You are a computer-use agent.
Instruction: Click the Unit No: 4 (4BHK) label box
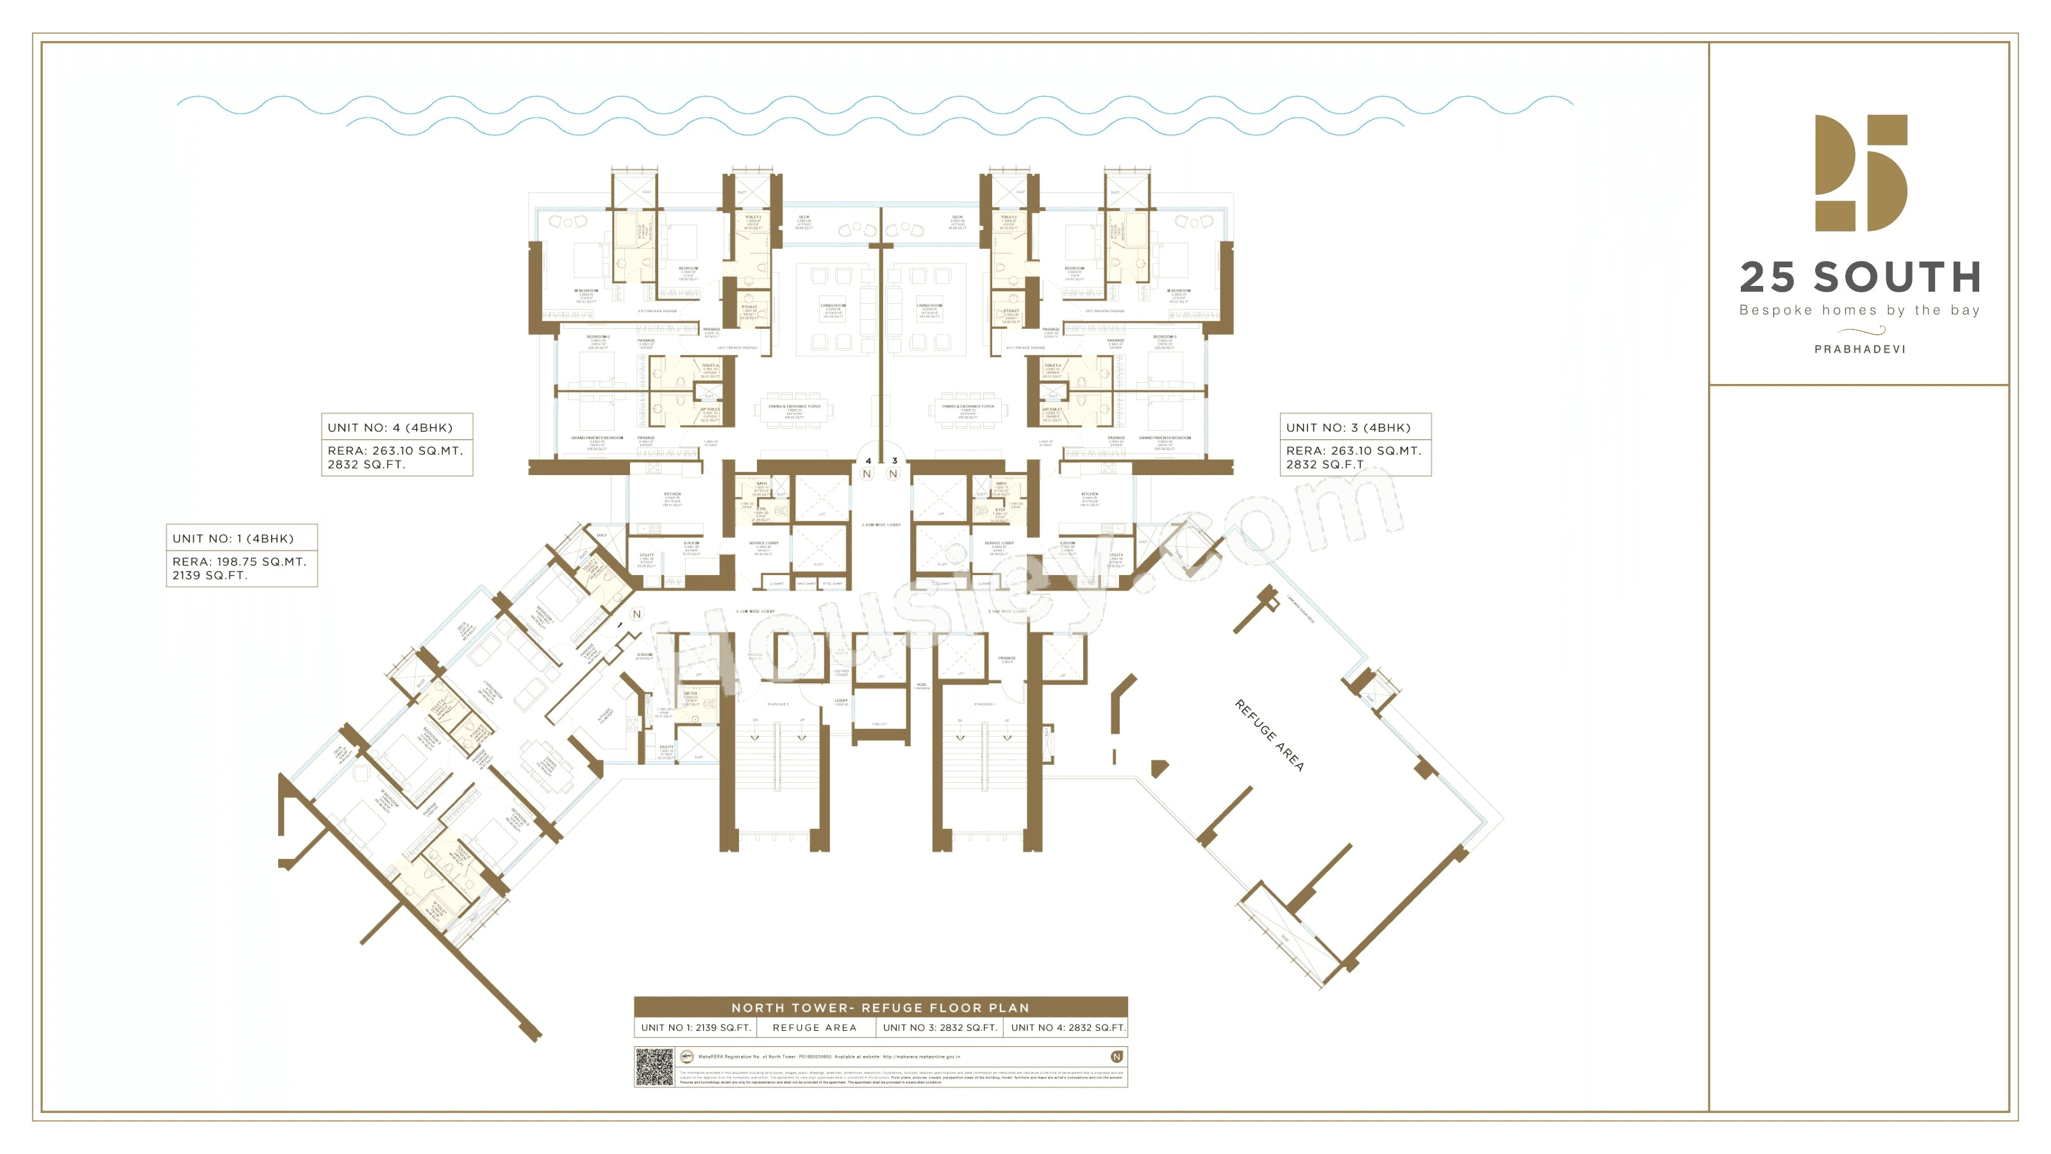click(x=397, y=444)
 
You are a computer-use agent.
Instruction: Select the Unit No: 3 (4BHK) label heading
click(x=1348, y=428)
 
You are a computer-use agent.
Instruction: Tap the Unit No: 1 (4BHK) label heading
click(x=233, y=539)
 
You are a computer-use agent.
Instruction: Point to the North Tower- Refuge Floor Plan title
click(x=881, y=1007)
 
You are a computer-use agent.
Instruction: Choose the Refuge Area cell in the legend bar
click(x=815, y=1027)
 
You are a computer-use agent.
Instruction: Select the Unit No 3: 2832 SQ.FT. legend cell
click(x=940, y=1027)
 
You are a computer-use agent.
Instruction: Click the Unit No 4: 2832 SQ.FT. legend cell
click(x=1068, y=1027)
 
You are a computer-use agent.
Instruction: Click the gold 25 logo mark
click(x=1861, y=173)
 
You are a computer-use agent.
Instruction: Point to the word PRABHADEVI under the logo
click(x=1860, y=349)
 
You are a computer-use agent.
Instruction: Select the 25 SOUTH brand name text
click(x=1860, y=277)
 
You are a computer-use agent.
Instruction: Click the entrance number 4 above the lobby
click(x=868, y=460)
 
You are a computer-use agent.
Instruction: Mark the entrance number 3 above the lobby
click(x=894, y=460)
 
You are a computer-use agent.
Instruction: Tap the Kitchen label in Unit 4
click(x=672, y=494)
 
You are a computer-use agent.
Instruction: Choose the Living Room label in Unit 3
click(x=929, y=305)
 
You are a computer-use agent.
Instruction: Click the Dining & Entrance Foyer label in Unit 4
click(x=794, y=406)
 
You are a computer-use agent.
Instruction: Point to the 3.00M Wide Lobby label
click(x=881, y=525)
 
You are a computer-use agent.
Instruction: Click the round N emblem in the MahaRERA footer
click(x=1117, y=1057)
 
